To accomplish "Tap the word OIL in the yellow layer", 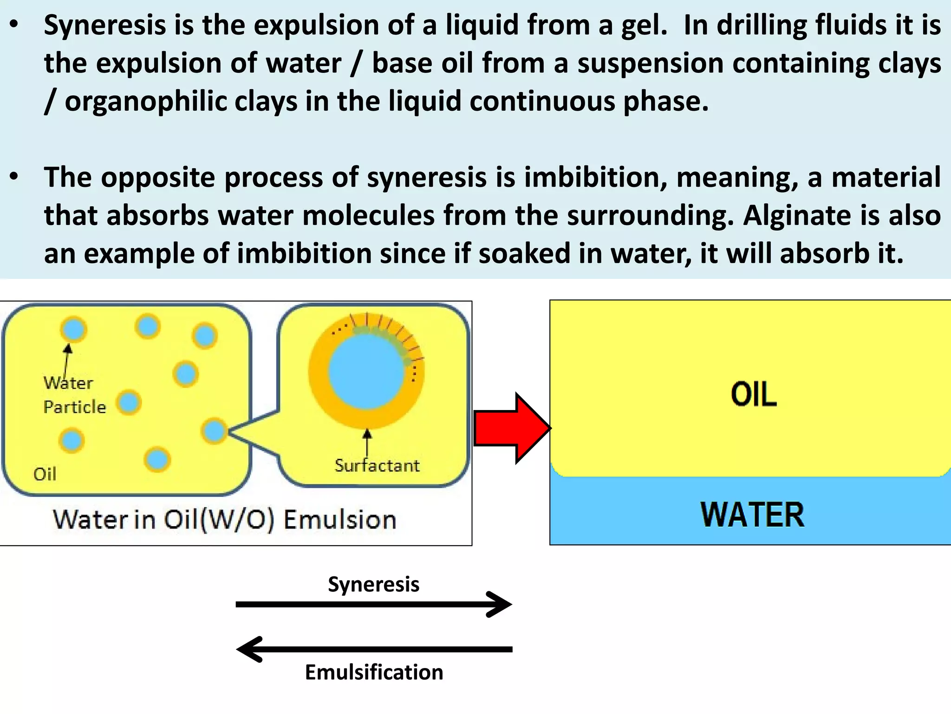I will [x=753, y=395].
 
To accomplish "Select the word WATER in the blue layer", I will [x=752, y=515].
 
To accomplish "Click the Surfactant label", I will [x=377, y=465].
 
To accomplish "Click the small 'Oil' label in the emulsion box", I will [x=45, y=474].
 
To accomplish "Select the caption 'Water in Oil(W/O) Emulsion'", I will [x=225, y=519].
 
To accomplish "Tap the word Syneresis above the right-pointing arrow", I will [x=373, y=584].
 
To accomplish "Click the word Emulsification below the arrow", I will [x=374, y=672].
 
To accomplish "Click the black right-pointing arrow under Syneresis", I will [x=373, y=604].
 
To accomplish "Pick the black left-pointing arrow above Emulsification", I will [x=373, y=649].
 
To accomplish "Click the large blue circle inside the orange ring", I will [x=365, y=372].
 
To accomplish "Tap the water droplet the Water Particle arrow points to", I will [x=73, y=329].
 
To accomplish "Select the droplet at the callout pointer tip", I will [x=214, y=430].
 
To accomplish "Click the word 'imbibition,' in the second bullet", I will [x=595, y=178].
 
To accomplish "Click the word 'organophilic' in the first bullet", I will [x=145, y=101].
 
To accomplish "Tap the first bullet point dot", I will [x=14, y=26].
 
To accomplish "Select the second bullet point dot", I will [x=14, y=177].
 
